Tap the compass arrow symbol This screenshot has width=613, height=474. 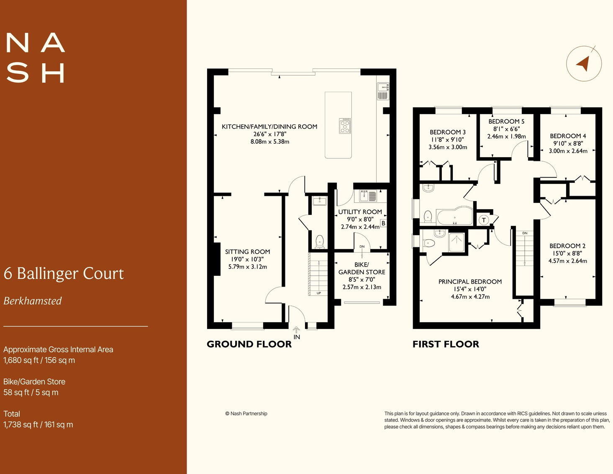[x=583, y=63]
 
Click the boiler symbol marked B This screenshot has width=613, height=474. [x=383, y=223]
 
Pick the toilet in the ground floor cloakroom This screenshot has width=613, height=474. [x=319, y=241]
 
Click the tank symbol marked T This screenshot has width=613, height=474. [x=484, y=220]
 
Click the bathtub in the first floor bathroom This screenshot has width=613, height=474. [x=454, y=216]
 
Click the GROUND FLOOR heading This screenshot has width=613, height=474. [x=249, y=344]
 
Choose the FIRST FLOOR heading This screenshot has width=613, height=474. [x=446, y=344]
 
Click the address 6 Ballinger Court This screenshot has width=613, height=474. [x=64, y=273]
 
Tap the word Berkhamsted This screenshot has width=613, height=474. [x=33, y=301]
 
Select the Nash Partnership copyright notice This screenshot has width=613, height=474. [x=246, y=414]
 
